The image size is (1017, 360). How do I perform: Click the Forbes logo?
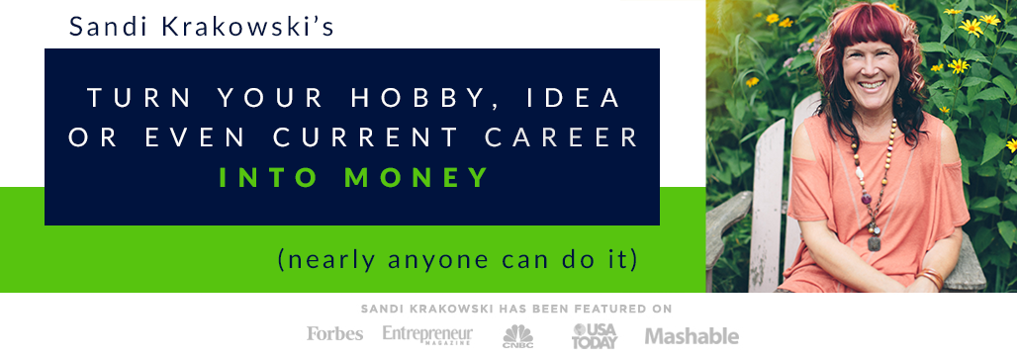pyautogui.click(x=334, y=334)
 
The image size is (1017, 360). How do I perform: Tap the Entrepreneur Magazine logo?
pyautogui.click(x=427, y=334)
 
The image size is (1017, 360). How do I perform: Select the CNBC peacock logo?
pyautogui.click(x=518, y=335)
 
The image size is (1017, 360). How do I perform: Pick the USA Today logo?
pyautogui.click(x=595, y=335)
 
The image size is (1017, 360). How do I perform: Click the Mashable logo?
pyautogui.click(x=692, y=336)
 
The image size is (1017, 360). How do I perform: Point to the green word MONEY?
pyautogui.click(x=416, y=177)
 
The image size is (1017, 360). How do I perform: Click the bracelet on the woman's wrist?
pyautogui.click(x=930, y=278)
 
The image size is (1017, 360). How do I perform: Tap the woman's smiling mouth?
pyautogui.click(x=871, y=84)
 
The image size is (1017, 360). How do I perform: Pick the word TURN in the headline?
pyautogui.click(x=139, y=98)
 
